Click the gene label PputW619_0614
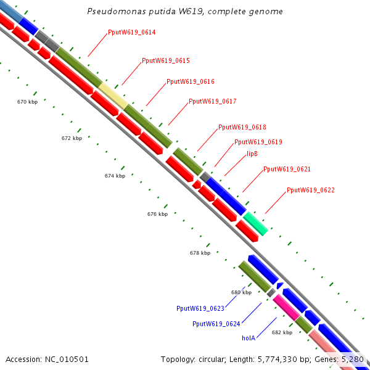click(131, 32)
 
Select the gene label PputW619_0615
click(165, 60)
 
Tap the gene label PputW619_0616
click(191, 81)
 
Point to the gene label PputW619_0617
click(213, 101)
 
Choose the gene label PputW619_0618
click(242, 127)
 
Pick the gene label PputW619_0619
click(258, 142)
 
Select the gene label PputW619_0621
click(287, 169)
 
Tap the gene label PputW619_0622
click(311, 191)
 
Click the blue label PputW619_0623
click(200, 308)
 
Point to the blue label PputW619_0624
click(216, 323)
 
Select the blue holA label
click(249, 337)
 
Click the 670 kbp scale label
click(27, 102)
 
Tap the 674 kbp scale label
click(115, 176)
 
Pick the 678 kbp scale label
click(200, 253)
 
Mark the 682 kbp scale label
click(282, 332)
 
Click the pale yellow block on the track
click(112, 95)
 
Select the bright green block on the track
click(255, 223)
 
